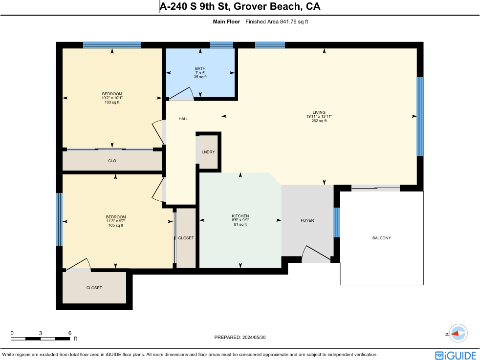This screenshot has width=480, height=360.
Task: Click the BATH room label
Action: click(x=200, y=68)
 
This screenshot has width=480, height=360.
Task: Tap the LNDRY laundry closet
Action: click(x=208, y=152)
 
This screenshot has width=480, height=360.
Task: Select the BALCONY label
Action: click(x=381, y=238)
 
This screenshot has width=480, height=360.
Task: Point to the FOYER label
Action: click(x=307, y=220)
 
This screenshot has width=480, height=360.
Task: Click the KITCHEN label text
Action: click(x=240, y=216)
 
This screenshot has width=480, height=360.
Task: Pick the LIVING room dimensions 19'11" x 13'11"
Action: click(x=319, y=117)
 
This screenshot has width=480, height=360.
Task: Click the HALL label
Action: click(x=184, y=119)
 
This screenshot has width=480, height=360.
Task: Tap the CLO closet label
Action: click(x=112, y=161)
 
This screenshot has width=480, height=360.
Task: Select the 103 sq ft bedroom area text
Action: click(x=112, y=102)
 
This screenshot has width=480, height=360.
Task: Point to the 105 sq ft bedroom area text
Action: click(x=116, y=225)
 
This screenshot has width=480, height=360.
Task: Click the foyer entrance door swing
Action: click(x=315, y=253)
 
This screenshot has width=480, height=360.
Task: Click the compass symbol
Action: click(x=458, y=334)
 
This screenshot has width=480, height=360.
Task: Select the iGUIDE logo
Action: click(x=456, y=356)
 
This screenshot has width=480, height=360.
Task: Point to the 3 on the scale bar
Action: click(x=41, y=334)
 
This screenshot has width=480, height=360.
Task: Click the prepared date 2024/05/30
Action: click(x=254, y=338)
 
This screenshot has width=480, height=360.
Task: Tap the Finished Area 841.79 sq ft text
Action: click(x=277, y=21)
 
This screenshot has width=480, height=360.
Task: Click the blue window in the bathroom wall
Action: click(x=221, y=45)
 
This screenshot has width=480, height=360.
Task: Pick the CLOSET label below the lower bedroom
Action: click(x=94, y=288)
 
